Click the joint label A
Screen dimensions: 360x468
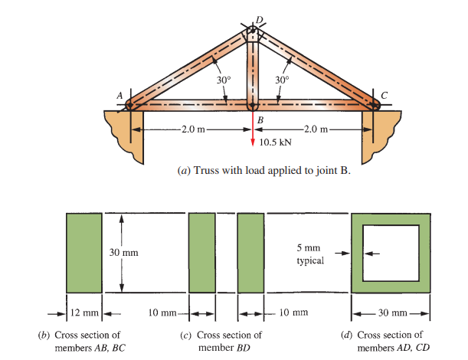(x=119, y=93)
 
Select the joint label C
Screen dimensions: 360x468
(x=385, y=93)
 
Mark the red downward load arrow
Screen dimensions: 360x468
(x=252, y=130)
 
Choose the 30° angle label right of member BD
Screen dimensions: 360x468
(x=282, y=79)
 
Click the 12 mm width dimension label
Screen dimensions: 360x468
(x=84, y=313)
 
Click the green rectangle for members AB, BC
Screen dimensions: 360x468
(x=84, y=253)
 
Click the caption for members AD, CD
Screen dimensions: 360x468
(x=390, y=340)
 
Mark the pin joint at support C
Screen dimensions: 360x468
(x=373, y=106)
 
